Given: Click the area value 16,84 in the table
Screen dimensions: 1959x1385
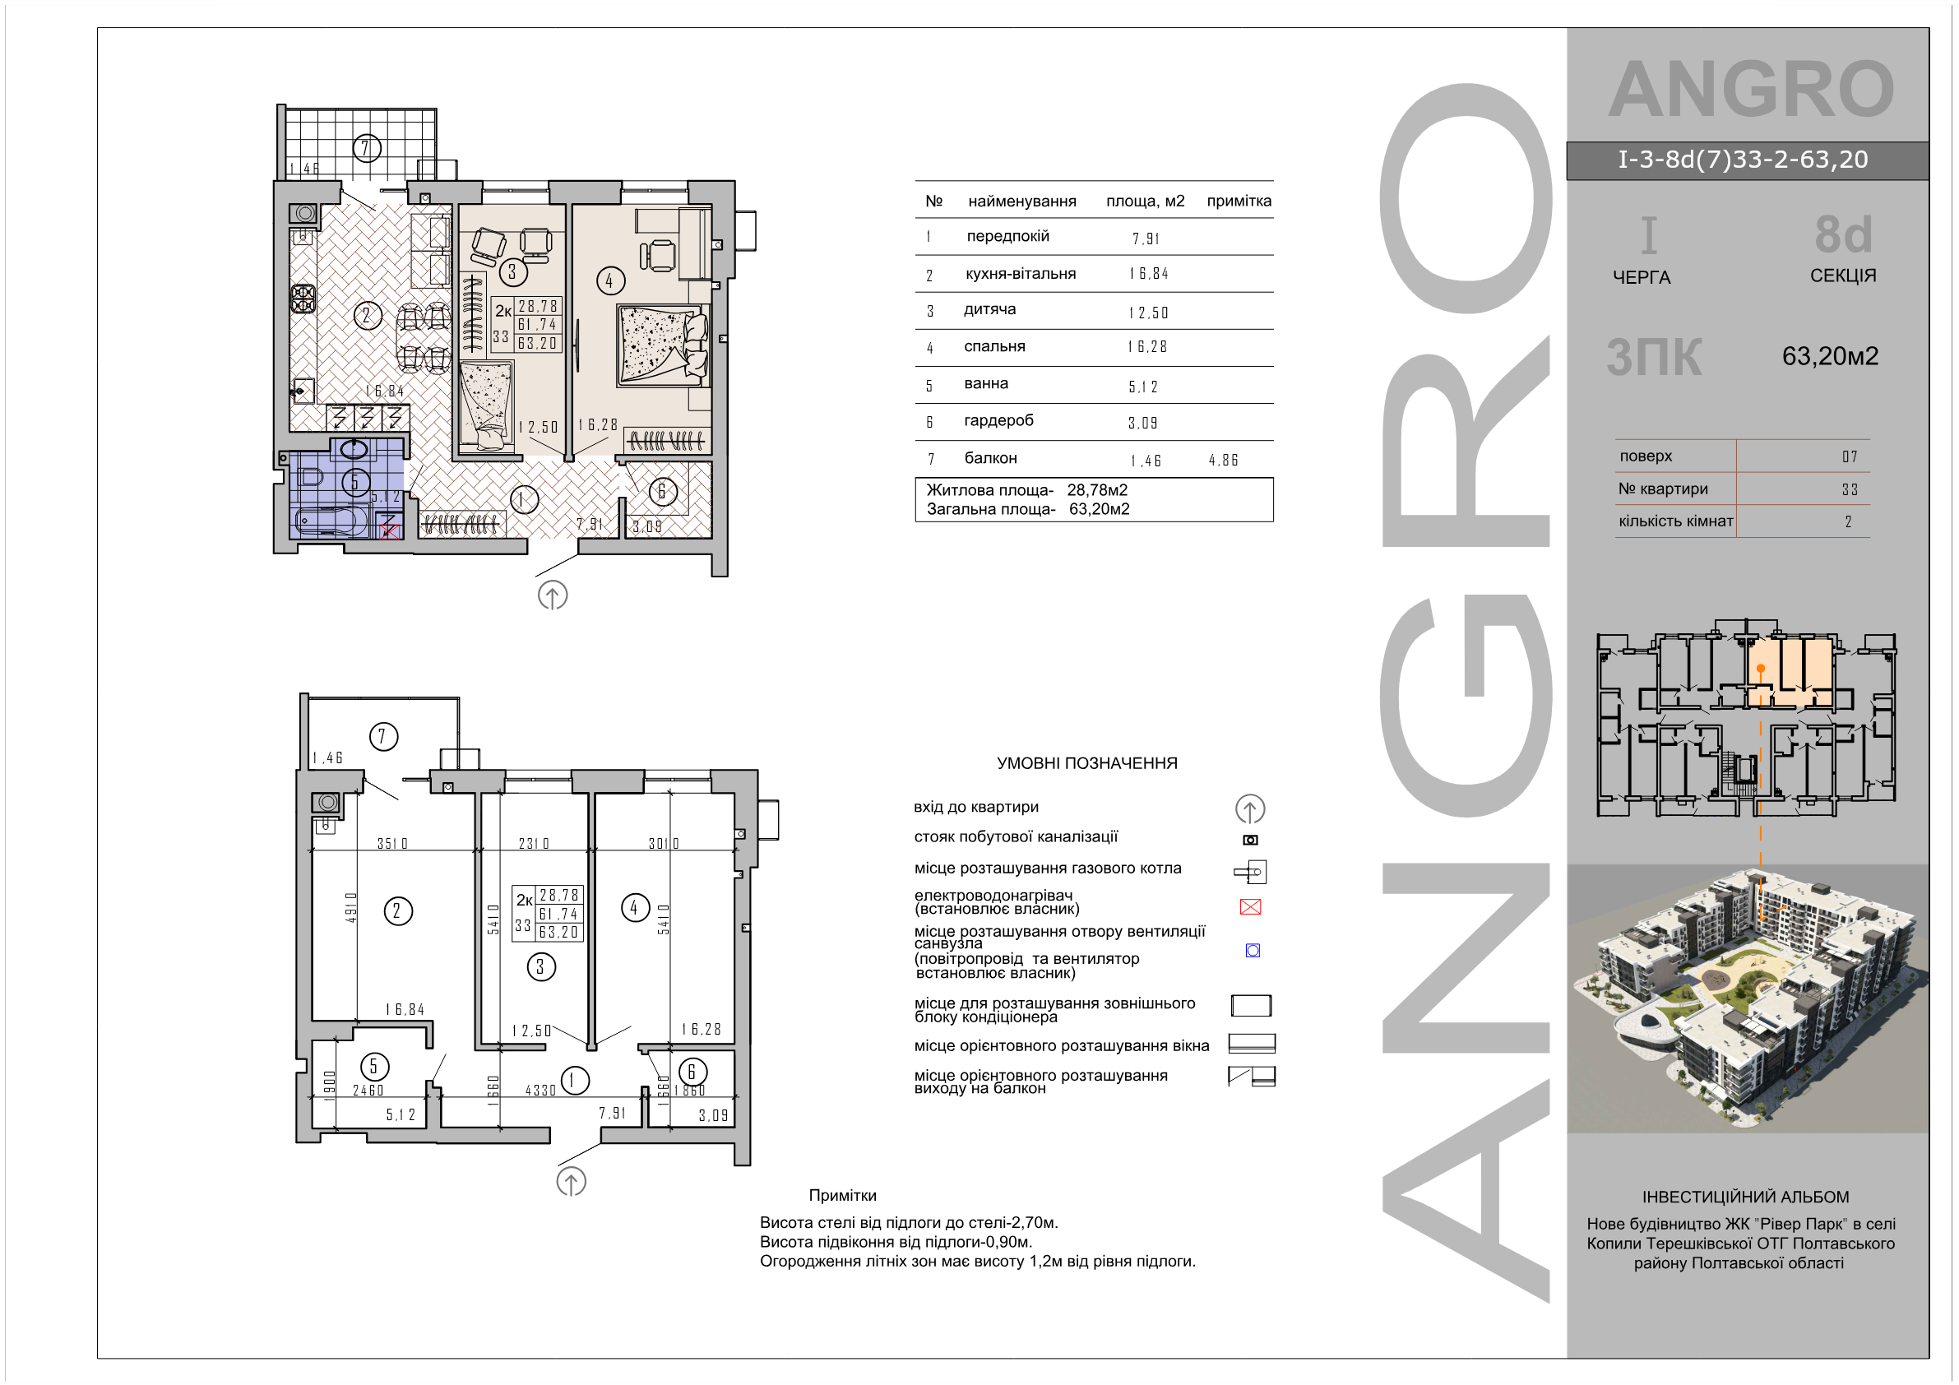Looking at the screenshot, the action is (x=1148, y=274).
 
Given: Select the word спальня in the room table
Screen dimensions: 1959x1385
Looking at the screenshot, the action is (x=994, y=346).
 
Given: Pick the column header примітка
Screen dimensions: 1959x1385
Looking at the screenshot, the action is (x=1239, y=201).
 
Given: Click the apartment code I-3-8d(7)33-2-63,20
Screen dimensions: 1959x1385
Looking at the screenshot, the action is (x=1744, y=160).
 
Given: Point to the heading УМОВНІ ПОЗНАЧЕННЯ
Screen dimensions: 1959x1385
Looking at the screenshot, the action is (x=1087, y=763).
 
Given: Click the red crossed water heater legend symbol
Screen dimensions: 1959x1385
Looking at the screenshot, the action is (x=1250, y=906).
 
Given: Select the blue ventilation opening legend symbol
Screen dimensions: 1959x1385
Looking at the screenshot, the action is (x=1253, y=950).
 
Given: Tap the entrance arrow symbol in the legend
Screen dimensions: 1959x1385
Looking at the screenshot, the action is (x=1250, y=808).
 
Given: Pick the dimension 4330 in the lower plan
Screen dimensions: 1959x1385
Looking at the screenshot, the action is (x=540, y=1090).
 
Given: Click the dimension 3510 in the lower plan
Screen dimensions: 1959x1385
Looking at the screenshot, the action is (x=392, y=843).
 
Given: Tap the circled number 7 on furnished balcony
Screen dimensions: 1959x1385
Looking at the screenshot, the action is (x=366, y=149).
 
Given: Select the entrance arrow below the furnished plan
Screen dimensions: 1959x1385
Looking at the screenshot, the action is (x=553, y=595).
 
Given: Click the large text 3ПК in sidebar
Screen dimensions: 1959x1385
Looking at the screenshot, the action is (x=1654, y=357).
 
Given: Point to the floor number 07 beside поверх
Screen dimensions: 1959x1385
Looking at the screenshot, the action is (x=1849, y=456).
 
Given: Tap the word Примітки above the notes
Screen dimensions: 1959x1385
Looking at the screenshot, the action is (x=842, y=1195).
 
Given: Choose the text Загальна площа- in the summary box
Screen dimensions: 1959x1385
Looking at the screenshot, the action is (x=990, y=508).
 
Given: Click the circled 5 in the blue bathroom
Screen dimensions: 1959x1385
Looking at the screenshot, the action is (x=355, y=482).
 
